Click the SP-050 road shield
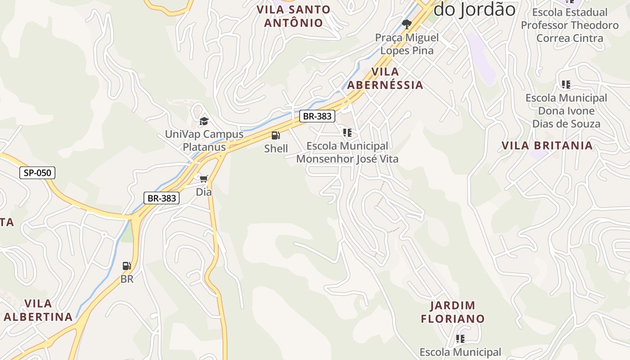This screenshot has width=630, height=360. pyautogui.click(x=37, y=173)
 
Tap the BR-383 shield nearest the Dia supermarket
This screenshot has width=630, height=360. pyautogui.click(x=162, y=198)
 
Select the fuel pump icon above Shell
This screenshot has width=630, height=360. pyautogui.click(x=275, y=135)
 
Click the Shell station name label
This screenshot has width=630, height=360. pyautogui.click(x=276, y=148)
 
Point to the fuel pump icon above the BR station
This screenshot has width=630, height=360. pyautogui.click(x=127, y=266)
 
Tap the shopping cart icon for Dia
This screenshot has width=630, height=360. pyautogui.click(x=203, y=179)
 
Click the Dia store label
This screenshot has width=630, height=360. pyautogui.click(x=203, y=192)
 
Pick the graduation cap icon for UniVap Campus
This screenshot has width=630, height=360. pyautogui.click(x=204, y=121)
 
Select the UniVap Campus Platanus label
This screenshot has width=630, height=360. pyautogui.click(x=204, y=140)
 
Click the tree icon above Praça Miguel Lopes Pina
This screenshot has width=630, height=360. pyautogui.click(x=407, y=24)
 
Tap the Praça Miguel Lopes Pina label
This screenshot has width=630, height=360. pyautogui.click(x=407, y=44)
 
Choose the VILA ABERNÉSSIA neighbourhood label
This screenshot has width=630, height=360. pyautogui.click(x=385, y=78)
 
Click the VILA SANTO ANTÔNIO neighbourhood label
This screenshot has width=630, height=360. pyautogui.click(x=293, y=16)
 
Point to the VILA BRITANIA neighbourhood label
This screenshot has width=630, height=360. pyautogui.click(x=547, y=145)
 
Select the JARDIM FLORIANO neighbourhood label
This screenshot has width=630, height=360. pyautogui.click(x=453, y=312)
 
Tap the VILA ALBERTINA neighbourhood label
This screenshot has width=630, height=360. pyautogui.click(x=38, y=310)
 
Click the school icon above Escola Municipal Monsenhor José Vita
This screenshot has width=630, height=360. pyautogui.click(x=347, y=133)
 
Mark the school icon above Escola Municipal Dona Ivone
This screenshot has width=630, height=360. pyautogui.click(x=566, y=85)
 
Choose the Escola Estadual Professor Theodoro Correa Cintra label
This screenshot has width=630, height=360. pyautogui.click(x=570, y=25)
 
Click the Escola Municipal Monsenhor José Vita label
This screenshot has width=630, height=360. pyautogui.click(x=347, y=152)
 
